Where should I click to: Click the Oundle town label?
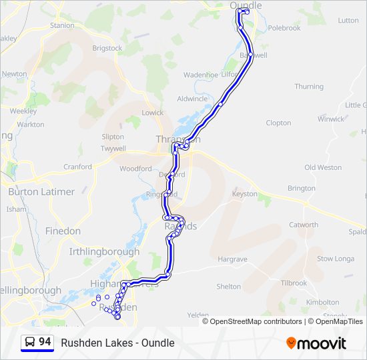point(246,5)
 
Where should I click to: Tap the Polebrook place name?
point(284,28)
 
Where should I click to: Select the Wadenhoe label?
point(201,75)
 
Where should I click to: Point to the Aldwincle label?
point(192,99)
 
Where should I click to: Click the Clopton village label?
point(278,123)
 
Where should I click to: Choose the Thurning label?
point(309,87)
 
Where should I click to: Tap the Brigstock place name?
point(107,49)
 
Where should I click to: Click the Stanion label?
point(62,25)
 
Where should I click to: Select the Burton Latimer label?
point(41,191)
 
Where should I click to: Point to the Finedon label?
point(63,231)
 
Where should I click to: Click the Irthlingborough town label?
point(104,252)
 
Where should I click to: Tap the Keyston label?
point(244,193)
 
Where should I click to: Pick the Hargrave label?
point(232,259)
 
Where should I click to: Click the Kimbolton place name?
point(322,302)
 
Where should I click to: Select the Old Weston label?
point(323,167)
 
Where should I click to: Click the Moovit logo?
point(316,343)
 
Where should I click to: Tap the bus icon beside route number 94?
point(30,343)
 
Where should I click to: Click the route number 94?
point(45,342)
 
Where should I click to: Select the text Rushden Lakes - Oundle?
point(117,343)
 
